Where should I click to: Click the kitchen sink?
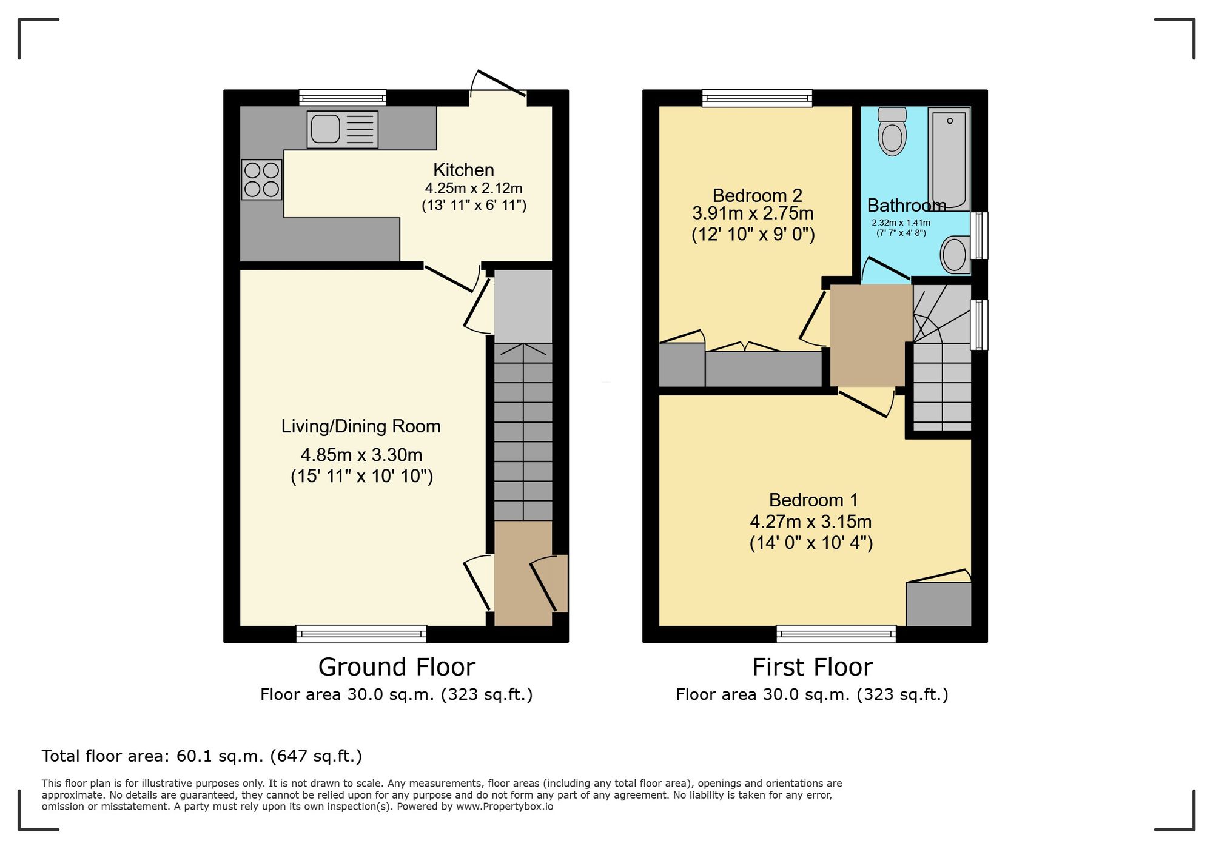tap(343, 129)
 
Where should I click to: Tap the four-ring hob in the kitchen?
tap(262, 180)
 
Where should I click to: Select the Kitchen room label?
tap(463, 170)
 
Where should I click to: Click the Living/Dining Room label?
tap(361, 426)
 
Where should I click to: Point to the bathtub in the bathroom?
tap(949, 159)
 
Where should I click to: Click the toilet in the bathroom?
tap(892, 132)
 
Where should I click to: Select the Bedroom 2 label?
tap(757, 195)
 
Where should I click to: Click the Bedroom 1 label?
tap(813, 500)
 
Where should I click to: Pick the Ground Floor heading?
tap(397, 667)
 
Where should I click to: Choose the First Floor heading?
tap(812, 667)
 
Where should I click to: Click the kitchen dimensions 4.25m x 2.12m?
tap(474, 188)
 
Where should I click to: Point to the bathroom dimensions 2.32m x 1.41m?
tap(901, 223)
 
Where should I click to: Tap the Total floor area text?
tap(202, 756)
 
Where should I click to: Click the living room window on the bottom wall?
tap(361, 634)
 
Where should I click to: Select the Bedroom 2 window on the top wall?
tap(757, 98)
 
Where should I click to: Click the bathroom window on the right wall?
tap(979, 235)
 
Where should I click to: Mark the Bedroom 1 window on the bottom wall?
tap(836, 634)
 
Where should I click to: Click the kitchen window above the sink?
tap(343, 98)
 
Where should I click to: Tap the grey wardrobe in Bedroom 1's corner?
tap(939, 604)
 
